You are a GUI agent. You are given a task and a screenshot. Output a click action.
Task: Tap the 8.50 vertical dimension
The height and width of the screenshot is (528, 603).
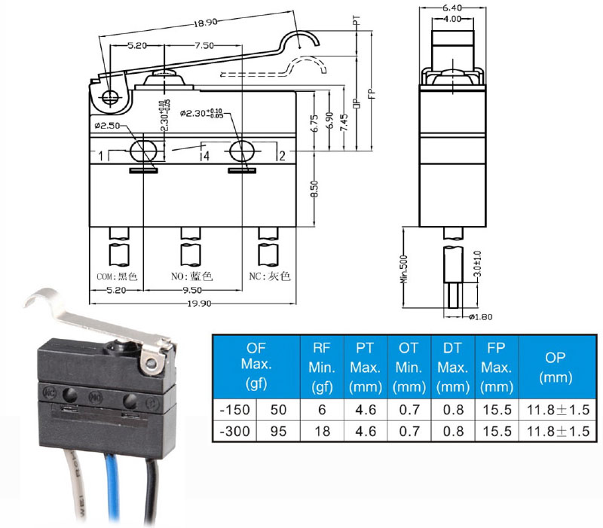[x=314, y=185]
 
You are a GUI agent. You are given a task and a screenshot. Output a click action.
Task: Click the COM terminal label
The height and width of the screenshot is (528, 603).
[x=114, y=276]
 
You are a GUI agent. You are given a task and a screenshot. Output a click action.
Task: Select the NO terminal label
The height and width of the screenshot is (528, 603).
[x=192, y=276]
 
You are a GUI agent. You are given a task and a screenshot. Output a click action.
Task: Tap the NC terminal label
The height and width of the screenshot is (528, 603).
[x=269, y=276]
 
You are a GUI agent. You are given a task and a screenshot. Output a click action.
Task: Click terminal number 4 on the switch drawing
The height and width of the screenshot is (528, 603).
[x=205, y=156]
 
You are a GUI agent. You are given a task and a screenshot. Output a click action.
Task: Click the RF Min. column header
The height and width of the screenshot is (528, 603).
[x=323, y=367]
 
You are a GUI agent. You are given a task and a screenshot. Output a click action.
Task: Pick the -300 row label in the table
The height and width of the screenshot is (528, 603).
[x=234, y=432]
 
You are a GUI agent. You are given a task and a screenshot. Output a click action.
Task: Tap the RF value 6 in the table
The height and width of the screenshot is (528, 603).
[x=323, y=410]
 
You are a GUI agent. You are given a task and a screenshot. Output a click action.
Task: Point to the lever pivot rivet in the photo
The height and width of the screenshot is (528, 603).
[x=152, y=365]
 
